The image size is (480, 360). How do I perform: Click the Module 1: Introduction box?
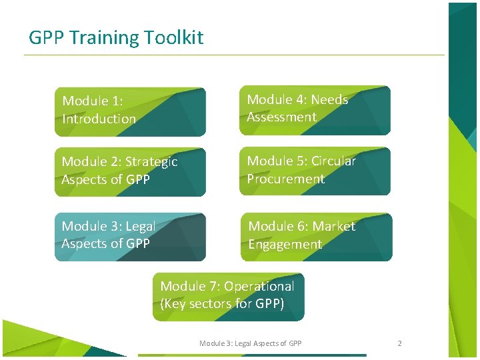130,111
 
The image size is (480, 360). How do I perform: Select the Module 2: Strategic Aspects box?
130,172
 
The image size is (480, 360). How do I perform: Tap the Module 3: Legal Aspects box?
130,237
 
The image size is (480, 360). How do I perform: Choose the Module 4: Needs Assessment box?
315,110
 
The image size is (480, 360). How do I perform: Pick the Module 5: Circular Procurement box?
315,171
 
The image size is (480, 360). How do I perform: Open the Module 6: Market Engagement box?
316,237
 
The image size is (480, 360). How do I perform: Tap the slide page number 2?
399,343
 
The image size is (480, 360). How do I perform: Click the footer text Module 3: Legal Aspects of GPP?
250,343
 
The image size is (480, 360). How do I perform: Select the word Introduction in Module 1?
99,119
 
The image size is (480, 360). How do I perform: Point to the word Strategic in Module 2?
151,162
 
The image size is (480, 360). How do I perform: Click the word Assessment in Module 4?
281,117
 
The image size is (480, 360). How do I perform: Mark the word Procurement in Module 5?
285,179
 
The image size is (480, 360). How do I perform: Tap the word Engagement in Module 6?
285,245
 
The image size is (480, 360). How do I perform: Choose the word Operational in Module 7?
259,287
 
